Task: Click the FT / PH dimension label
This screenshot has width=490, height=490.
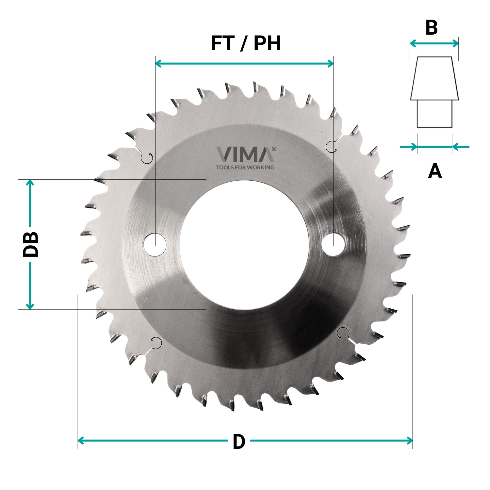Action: (246, 43)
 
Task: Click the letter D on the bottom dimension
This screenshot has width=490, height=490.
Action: (239, 442)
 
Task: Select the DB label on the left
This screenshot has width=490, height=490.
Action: (31, 244)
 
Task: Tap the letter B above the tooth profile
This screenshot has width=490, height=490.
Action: (432, 28)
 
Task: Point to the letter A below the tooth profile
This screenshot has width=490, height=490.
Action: (435, 171)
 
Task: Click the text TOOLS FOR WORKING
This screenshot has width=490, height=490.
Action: (245, 167)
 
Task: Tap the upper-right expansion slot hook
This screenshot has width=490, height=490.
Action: (331, 146)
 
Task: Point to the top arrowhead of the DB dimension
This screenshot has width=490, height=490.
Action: (30, 182)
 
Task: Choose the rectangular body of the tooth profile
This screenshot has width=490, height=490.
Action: (434, 114)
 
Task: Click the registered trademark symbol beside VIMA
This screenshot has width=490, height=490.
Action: (274, 149)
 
